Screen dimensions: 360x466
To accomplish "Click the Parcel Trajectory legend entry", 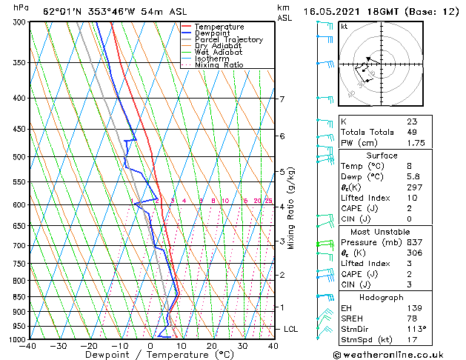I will coord(228,39).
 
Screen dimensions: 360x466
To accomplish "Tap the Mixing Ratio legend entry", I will coord(219,65).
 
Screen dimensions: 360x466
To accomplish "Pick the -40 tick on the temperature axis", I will coord(29,345).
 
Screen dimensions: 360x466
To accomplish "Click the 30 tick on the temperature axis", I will coord(242,345).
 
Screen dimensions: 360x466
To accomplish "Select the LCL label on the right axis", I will coord(290,328).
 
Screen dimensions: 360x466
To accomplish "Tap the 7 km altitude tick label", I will coord(282,99).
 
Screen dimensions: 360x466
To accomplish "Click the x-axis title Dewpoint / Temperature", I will coord(151,355).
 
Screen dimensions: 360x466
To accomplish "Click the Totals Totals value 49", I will coord(411,132).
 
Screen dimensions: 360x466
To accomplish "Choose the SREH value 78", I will coord(411,318).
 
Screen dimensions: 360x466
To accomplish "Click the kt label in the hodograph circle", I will coord(344,27).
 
